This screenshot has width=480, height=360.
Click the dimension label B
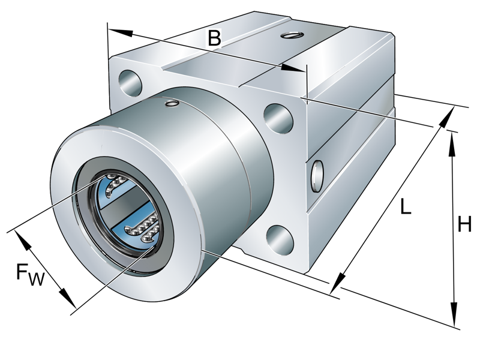coord(214,38)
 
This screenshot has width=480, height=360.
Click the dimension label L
coord(406,208)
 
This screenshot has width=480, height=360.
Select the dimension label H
coord(464,225)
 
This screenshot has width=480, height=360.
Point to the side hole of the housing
coord(317,173)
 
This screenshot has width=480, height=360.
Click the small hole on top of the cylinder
coord(172,105)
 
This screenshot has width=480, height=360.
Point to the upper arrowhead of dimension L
coord(446,119)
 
